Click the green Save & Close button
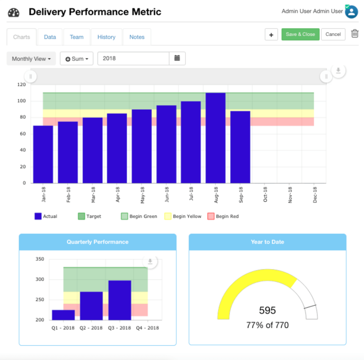[x=300, y=34]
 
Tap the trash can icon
[x=355, y=33]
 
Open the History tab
[x=106, y=37]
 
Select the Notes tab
[x=137, y=37]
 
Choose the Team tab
[x=76, y=37]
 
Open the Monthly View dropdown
[x=31, y=59]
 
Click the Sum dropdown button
[x=77, y=59]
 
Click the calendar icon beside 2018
[x=177, y=58]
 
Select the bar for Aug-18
[x=215, y=138]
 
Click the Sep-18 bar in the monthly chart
[x=240, y=147]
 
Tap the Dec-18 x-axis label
[x=315, y=195]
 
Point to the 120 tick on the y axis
[x=22, y=85]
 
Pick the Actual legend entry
[x=46, y=216]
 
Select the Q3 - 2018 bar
[x=120, y=300]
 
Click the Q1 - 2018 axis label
[x=63, y=328]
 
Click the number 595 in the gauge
[x=267, y=310]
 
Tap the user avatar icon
[x=351, y=12]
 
